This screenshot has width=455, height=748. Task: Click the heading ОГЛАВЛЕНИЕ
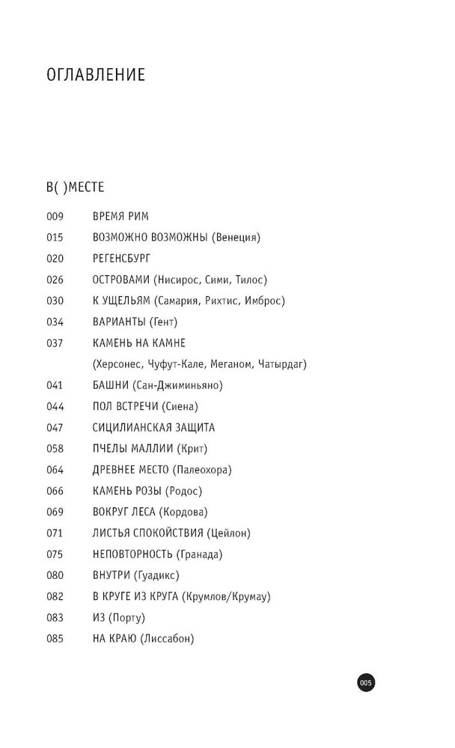click(x=96, y=76)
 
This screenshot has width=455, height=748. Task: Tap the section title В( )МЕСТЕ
click(x=75, y=186)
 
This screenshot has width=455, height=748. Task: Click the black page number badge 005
click(x=365, y=682)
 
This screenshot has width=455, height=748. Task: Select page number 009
click(x=55, y=217)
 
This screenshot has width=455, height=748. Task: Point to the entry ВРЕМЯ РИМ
click(x=120, y=217)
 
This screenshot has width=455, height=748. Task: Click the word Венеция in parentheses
click(x=236, y=238)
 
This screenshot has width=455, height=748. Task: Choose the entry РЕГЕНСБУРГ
click(x=122, y=259)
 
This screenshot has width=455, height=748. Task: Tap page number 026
click(x=55, y=280)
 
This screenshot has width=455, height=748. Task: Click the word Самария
click(x=180, y=301)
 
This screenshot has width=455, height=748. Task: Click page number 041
click(x=55, y=385)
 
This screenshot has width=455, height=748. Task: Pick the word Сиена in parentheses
click(x=180, y=406)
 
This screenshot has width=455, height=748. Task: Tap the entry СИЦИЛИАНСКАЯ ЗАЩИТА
click(x=153, y=428)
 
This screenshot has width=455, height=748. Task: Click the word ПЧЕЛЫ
click(x=111, y=449)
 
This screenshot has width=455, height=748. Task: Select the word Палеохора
click(x=202, y=470)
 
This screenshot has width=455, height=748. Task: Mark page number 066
click(x=55, y=491)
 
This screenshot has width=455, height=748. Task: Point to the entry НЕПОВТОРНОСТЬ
click(x=132, y=554)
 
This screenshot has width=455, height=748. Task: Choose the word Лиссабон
click(x=167, y=639)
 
